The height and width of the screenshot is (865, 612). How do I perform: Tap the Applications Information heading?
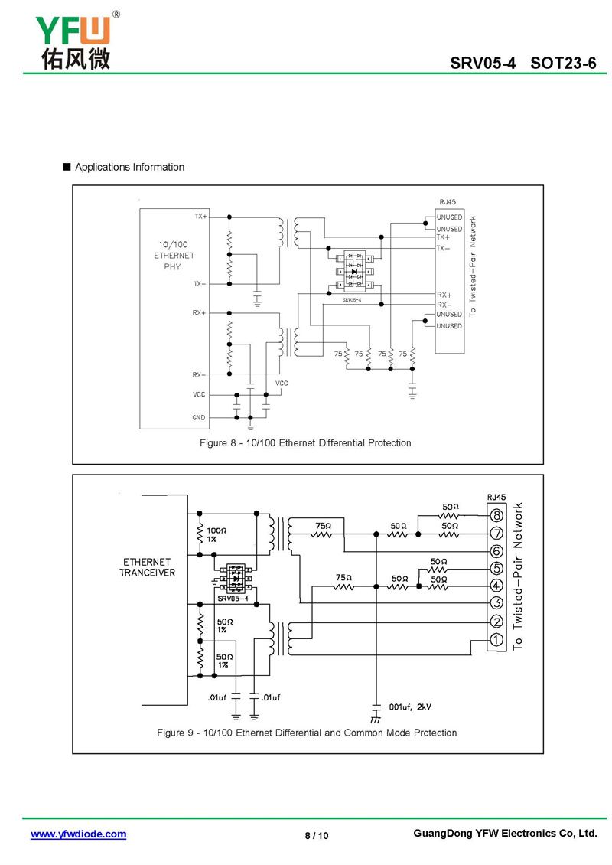click(x=129, y=167)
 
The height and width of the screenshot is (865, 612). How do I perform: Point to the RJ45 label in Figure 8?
click(x=448, y=202)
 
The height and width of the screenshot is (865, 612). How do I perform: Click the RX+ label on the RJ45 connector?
click(x=444, y=295)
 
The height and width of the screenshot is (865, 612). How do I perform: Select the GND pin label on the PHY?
click(x=199, y=417)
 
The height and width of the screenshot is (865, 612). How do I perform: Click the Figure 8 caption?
click(x=305, y=443)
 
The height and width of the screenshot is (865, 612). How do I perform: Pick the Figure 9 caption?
click(x=307, y=733)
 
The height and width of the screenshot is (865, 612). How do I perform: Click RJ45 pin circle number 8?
click(x=496, y=515)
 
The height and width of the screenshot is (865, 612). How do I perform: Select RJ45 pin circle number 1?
click(x=496, y=640)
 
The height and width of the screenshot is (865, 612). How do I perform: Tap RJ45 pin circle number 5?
click(x=496, y=569)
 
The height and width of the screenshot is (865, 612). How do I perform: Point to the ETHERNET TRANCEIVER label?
click(x=148, y=567)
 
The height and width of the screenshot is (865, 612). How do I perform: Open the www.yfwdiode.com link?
click(x=78, y=834)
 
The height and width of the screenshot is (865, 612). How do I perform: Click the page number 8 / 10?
click(x=316, y=835)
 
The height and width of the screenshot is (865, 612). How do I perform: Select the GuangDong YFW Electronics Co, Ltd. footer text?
click(x=504, y=834)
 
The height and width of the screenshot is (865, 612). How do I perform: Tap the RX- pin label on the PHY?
click(x=199, y=375)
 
